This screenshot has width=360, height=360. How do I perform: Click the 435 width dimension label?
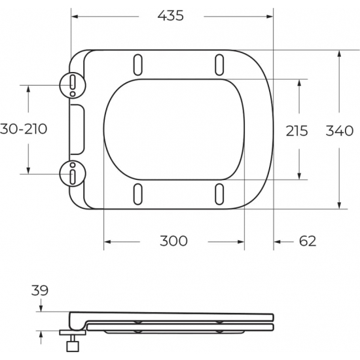[x=171, y=17]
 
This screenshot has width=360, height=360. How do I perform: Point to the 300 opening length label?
[x=173, y=241]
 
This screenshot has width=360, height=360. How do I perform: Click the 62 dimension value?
[x=307, y=241]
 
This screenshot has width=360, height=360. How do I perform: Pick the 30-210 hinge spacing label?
[x=24, y=129]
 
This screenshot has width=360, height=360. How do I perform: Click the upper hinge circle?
[x=72, y=84]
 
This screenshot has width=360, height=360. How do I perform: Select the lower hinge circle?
[x=72, y=174]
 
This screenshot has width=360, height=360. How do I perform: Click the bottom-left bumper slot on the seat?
[x=138, y=193]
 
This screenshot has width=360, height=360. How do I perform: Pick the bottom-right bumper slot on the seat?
[x=219, y=193]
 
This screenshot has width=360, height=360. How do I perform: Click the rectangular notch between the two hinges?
[x=77, y=129]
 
